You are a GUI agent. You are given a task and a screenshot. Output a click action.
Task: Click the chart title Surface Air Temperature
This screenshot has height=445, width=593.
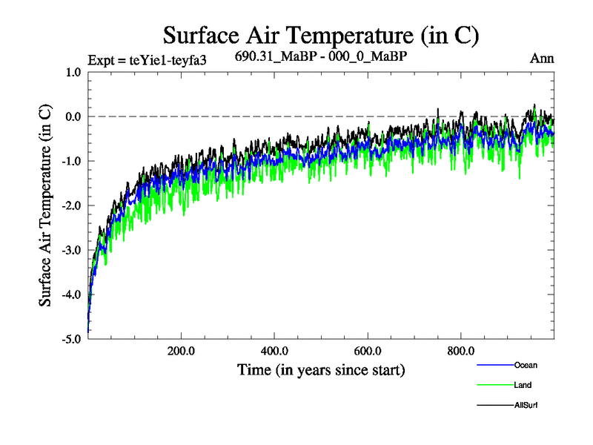click(x=320, y=35)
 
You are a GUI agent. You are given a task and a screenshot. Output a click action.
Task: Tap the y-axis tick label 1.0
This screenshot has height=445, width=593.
click(x=73, y=73)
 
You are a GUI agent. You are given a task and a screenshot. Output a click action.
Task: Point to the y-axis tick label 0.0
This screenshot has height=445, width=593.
click(x=73, y=117)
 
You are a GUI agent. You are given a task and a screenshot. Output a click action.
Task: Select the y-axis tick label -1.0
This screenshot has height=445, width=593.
click(x=70, y=162)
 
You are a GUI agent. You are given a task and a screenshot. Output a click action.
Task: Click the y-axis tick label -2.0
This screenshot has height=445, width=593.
click(x=70, y=206)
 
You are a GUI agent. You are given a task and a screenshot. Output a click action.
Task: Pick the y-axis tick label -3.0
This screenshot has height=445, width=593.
click(x=70, y=251)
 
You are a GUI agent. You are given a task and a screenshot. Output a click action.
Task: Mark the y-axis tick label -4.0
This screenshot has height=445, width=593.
click(x=70, y=295)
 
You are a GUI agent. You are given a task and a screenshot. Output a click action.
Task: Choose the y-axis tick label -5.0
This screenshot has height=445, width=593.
click(x=70, y=339)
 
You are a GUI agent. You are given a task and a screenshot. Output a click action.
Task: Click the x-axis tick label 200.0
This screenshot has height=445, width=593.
click(x=181, y=352)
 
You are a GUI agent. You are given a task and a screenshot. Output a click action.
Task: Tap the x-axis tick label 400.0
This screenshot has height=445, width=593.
click(x=274, y=352)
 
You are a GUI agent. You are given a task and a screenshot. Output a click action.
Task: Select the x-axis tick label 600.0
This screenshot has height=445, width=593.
click(x=368, y=352)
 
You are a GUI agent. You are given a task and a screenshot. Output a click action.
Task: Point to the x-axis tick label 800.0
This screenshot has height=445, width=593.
click(x=461, y=352)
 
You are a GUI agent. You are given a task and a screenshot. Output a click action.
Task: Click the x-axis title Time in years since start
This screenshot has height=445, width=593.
click(x=321, y=369)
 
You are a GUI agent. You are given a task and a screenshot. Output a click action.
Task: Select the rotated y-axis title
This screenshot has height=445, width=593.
click(x=45, y=206)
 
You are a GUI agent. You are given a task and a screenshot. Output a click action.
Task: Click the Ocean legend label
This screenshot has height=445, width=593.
click(x=525, y=365)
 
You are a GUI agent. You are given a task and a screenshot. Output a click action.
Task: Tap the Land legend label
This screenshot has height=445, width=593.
click(x=523, y=385)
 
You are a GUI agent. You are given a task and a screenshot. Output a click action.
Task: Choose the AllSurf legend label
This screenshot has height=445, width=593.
click(x=526, y=405)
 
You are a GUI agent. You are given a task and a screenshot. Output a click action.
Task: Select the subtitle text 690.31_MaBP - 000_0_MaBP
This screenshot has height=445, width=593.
click(x=320, y=56)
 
